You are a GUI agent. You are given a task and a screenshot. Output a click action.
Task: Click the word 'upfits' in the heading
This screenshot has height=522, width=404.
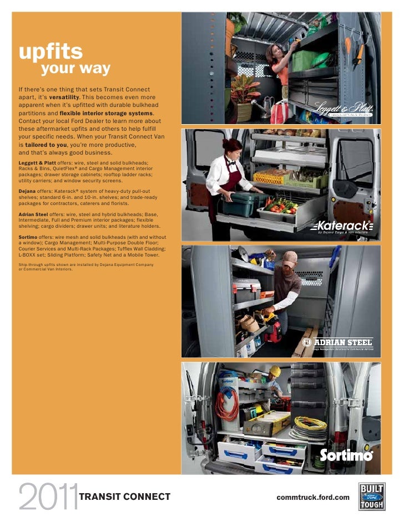point(50,52)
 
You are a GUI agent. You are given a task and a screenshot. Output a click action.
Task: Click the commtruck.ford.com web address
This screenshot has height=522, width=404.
point(313,497)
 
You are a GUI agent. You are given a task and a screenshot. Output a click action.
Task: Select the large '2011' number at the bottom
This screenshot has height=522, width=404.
point(47,497)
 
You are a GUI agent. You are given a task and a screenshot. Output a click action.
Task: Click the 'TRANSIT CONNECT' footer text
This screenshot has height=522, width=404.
point(125,497)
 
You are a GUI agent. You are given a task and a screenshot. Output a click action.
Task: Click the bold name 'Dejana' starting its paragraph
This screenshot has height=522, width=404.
point(29,190)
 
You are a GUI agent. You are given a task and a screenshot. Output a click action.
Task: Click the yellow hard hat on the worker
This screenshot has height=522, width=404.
point(274,370)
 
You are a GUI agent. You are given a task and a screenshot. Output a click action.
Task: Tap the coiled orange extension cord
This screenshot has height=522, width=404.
point(226,407)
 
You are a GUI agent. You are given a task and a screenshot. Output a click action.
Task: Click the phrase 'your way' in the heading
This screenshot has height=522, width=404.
point(75,69)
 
